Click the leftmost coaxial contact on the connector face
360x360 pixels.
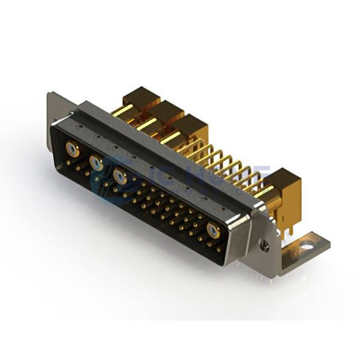73,151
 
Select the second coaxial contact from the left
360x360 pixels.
95,162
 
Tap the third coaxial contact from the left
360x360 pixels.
119,176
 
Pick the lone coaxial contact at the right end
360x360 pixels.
213,232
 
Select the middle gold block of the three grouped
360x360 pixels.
169,113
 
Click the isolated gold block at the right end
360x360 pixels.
281,183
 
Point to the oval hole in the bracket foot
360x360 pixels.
307,245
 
